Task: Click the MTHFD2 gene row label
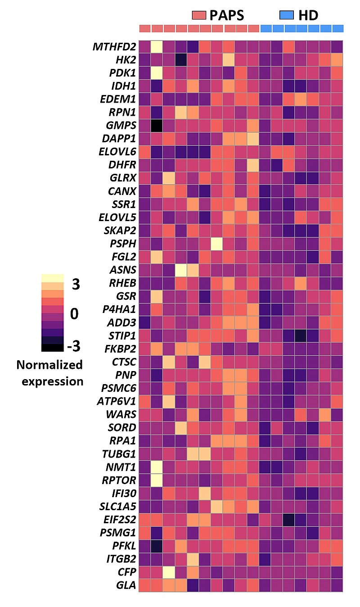[114, 47]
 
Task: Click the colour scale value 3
[76, 285]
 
